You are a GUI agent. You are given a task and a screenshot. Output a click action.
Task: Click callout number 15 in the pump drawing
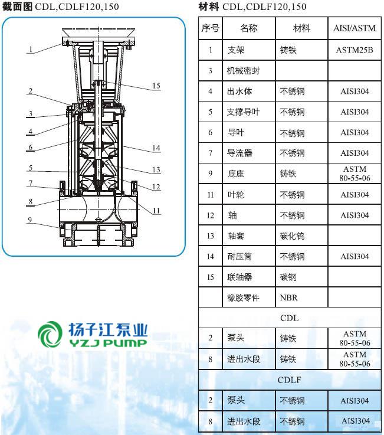pyautogui.click(x=156, y=86)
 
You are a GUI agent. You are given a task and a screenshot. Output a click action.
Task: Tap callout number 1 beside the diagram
pyautogui.click(x=31, y=50)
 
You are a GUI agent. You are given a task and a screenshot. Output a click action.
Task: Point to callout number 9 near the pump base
pyautogui.click(x=30, y=220)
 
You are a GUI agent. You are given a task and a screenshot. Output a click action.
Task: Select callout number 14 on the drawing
pyautogui.click(x=156, y=148)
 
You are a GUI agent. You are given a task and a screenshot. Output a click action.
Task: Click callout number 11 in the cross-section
pyautogui.click(x=156, y=211)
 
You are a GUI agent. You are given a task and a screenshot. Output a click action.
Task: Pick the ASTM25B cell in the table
pyautogui.click(x=355, y=50)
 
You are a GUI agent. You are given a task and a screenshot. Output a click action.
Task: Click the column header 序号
pyautogui.click(x=210, y=28)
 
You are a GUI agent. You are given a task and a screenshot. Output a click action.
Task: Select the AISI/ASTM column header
pyautogui.click(x=355, y=28)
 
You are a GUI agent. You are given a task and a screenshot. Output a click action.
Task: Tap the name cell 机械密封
pyautogui.click(x=243, y=71)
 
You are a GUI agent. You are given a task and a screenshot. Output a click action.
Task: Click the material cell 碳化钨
pyautogui.click(x=292, y=236)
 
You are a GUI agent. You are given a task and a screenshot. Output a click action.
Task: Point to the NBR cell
pyautogui.click(x=288, y=297)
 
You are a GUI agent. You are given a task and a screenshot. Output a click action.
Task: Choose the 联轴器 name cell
pyautogui.click(x=239, y=277)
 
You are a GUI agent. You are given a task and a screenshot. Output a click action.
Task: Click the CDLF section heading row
pyautogui.click(x=289, y=380)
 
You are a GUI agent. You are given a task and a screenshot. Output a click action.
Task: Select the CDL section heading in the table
pyautogui.click(x=289, y=318)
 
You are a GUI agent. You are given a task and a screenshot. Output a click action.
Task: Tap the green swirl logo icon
pyautogui.click(x=50, y=334)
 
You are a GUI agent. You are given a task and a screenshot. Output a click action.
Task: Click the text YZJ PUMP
pyautogui.click(x=108, y=343)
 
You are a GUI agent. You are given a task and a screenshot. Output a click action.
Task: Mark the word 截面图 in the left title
pyautogui.click(x=17, y=6)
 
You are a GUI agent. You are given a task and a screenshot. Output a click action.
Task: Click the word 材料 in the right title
pyautogui.click(x=208, y=6)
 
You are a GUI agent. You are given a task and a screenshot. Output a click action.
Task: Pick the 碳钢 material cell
pyautogui.click(x=288, y=277)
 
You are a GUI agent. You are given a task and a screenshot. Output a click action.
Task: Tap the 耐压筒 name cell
pyautogui.click(x=239, y=256)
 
